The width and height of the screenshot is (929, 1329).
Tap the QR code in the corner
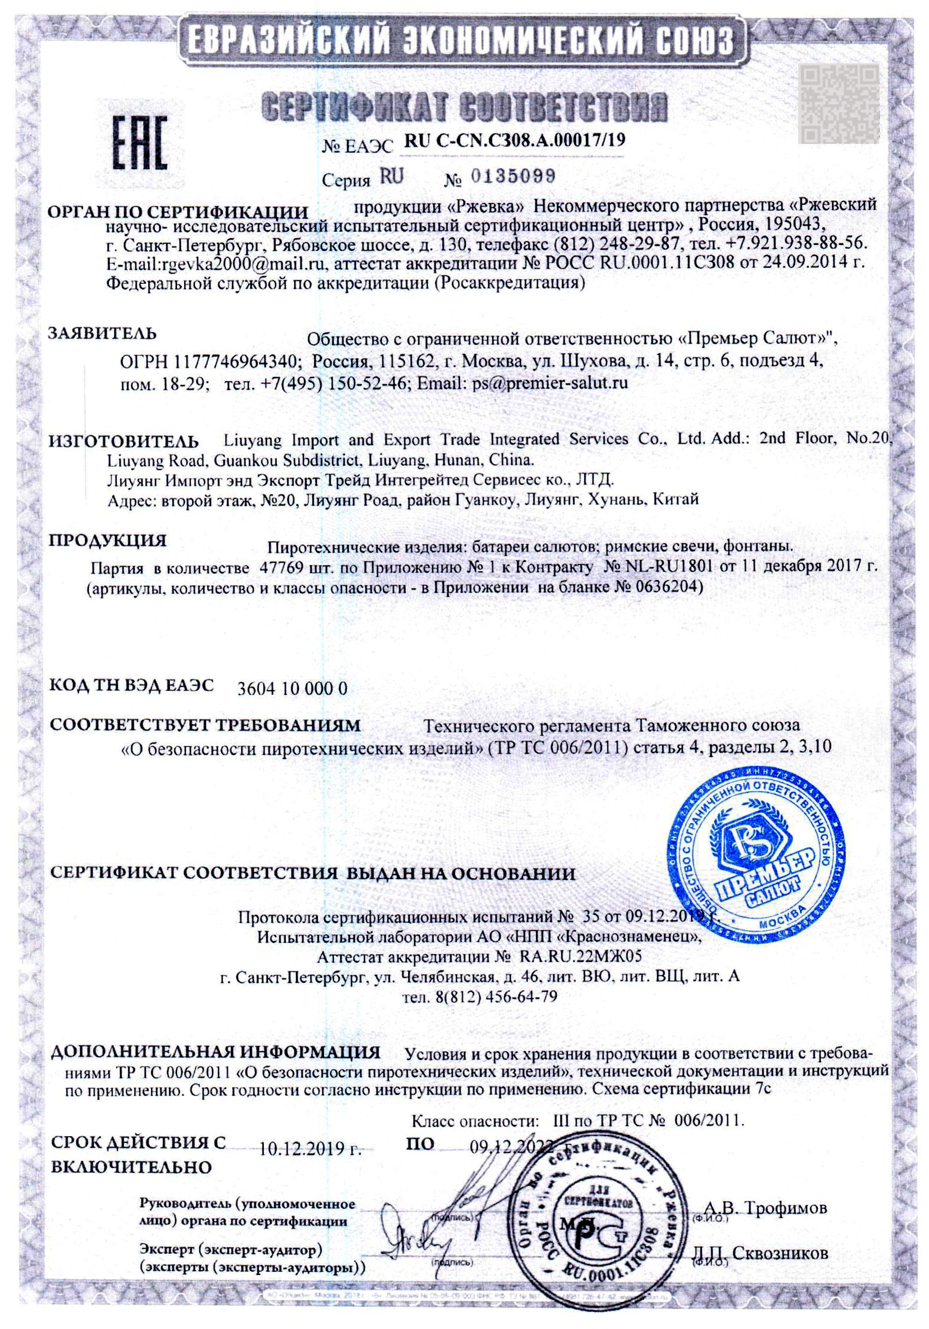point(839,103)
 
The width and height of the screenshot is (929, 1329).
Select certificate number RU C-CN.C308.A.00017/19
point(514,141)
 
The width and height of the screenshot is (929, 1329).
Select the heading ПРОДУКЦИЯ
point(107,541)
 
